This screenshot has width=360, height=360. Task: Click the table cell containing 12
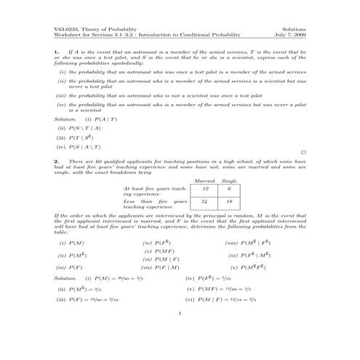pos(205,188)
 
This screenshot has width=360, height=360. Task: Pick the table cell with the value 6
pos(229,188)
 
